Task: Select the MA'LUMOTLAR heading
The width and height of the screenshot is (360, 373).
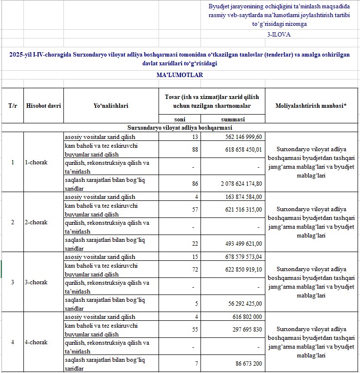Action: click(x=180, y=75)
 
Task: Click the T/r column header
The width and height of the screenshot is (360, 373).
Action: click(x=12, y=106)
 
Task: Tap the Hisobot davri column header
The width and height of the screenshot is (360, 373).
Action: click(x=43, y=106)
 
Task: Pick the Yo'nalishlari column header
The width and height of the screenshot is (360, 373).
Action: click(x=111, y=106)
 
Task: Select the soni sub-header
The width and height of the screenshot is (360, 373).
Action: click(x=180, y=119)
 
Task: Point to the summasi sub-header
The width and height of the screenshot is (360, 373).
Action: click(x=233, y=119)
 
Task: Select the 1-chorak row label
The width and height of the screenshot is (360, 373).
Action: click(x=37, y=162)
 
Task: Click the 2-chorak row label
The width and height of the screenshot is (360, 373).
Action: click(x=37, y=222)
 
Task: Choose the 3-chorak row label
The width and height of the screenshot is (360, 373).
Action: click(x=37, y=282)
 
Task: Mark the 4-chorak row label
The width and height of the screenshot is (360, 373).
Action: click(x=37, y=342)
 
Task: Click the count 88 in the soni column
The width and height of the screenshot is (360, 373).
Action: click(x=195, y=150)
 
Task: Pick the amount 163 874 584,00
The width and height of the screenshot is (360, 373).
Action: click(x=240, y=197)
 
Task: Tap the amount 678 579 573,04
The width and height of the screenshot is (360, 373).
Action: click(x=240, y=257)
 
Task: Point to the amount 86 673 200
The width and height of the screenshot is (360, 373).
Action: click(x=246, y=363)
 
